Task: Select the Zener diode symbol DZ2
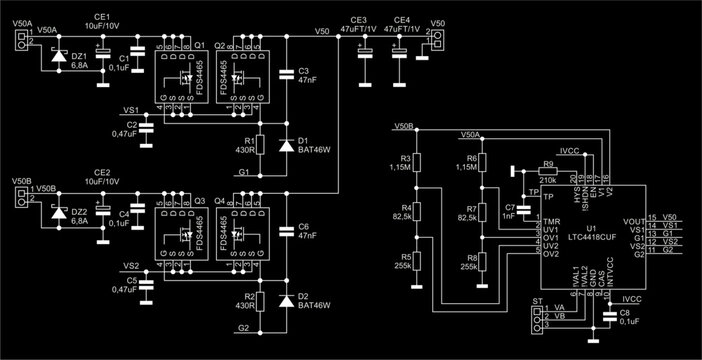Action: [x=57, y=212]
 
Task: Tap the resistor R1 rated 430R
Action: [x=261, y=142]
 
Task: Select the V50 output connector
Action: [x=434, y=40]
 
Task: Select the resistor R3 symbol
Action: [x=420, y=164]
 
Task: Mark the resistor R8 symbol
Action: [x=481, y=262]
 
